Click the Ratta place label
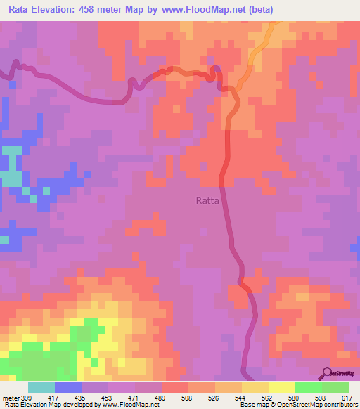pos(207,200)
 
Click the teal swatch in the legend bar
pos(41,387)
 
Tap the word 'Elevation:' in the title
pos(61,10)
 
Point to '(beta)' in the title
pos(257,10)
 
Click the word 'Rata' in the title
pos(22,10)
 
